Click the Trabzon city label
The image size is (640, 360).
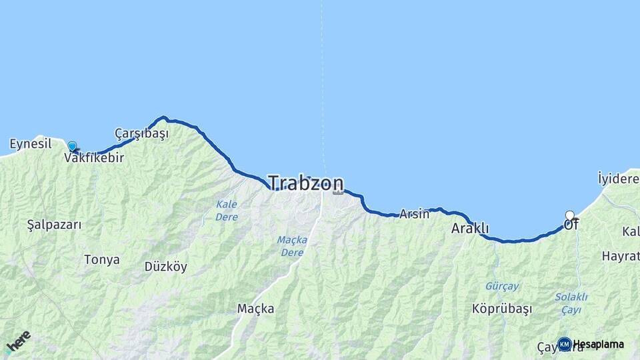pyautogui.click(x=306, y=183)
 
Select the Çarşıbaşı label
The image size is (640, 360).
pyautogui.click(x=141, y=133)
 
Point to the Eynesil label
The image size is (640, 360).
pyautogui.click(x=31, y=143)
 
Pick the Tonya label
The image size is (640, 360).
pyautogui.click(x=102, y=259)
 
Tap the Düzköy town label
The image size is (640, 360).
pyautogui.click(x=166, y=267)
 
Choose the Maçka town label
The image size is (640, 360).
pyautogui.click(x=255, y=309)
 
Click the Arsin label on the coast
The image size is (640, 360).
pyautogui.click(x=414, y=214)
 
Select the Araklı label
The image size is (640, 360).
pyautogui.click(x=470, y=229)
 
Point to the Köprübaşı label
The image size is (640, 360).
pyautogui.click(x=502, y=309)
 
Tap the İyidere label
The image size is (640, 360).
pyautogui.click(x=619, y=178)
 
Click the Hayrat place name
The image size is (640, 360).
pyautogui.click(x=620, y=256)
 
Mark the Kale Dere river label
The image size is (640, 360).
pyautogui.click(x=227, y=210)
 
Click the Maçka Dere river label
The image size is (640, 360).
pyautogui.click(x=291, y=246)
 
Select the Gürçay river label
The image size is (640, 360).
pyautogui.click(x=502, y=286)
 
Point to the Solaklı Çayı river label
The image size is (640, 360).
pyautogui.click(x=571, y=303)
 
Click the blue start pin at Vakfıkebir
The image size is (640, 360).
pyautogui.click(x=72, y=146)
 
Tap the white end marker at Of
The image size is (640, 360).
pyautogui.click(x=570, y=215)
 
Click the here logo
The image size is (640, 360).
pyautogui.click(x=17, y=342)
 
